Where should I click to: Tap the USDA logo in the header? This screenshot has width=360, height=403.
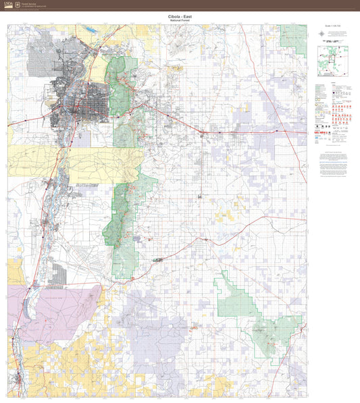pyautogui.click(x=8, y=4)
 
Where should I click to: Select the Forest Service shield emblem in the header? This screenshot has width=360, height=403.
pyautogui.click(x=18, y=4)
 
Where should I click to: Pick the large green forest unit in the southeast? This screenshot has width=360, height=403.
pyautogui.click(x=260, y=317)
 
